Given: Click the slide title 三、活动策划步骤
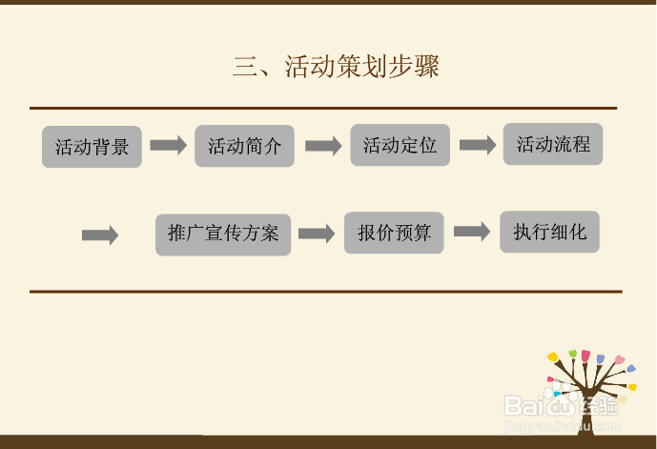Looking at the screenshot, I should [x=337, y=67].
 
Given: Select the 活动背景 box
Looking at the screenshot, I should [x=92, y=147].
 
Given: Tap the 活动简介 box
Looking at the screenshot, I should [x=245, y=147].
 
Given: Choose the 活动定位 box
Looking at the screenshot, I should [x=400, y=146].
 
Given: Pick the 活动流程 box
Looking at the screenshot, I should [x=553, y=145].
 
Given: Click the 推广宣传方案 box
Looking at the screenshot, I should [x=223, y=234].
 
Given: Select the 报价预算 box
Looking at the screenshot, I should [x=394, y=233].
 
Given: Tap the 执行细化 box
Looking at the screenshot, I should [x=549, y=232].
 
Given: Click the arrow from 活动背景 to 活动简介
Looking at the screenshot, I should [x=169, y=145].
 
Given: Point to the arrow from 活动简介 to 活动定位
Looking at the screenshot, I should [x=323, y=146].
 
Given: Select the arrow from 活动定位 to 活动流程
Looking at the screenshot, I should [x=478, y=145].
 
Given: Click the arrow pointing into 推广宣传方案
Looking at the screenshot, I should [x=100, y=235].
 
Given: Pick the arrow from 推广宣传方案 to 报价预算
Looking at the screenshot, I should [x=317, y=234].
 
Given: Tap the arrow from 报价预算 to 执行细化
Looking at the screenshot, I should [x=471, y=232].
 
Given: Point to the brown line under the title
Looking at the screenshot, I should [x=323, y=109].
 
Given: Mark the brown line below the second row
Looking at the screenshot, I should [x=325, y=291].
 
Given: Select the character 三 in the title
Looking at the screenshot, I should [x=245, y=67].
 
